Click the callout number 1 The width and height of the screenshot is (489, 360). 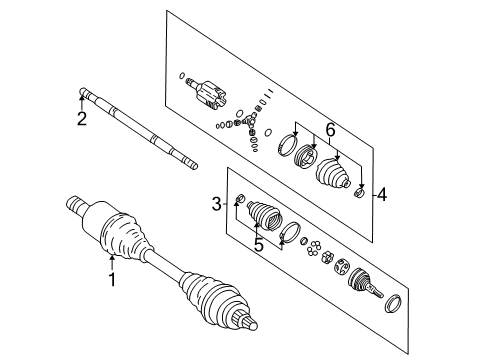tap(112, 280)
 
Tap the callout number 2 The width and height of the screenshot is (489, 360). tap(82, 120)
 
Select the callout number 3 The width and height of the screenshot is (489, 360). tap(216, 205)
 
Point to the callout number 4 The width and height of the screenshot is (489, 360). tap(381, 195)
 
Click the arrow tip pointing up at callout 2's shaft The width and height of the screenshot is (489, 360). tap(82, 94)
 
